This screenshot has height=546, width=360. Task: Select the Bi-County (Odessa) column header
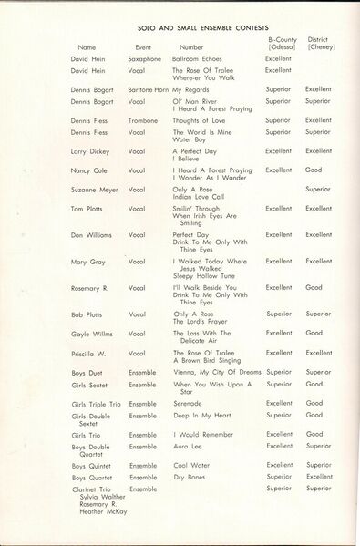[x=282, y=43]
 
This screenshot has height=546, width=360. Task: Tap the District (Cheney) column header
[x=321, y=43]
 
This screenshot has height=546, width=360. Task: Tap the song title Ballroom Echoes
[x=197, y=58]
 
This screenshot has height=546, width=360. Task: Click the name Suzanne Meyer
[x=94, y=190]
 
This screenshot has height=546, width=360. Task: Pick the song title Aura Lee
[x=187, y=446]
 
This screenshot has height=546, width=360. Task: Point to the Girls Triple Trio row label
[x=95, y=403]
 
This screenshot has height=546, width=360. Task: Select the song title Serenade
[x=188, y=403]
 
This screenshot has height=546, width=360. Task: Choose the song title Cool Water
[x=190, y=466]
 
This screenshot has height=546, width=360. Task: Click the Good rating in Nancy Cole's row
[x=314, y=170]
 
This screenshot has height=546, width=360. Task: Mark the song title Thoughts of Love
[x=198, y=120]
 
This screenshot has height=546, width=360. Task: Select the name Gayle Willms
[x=92, y=333]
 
